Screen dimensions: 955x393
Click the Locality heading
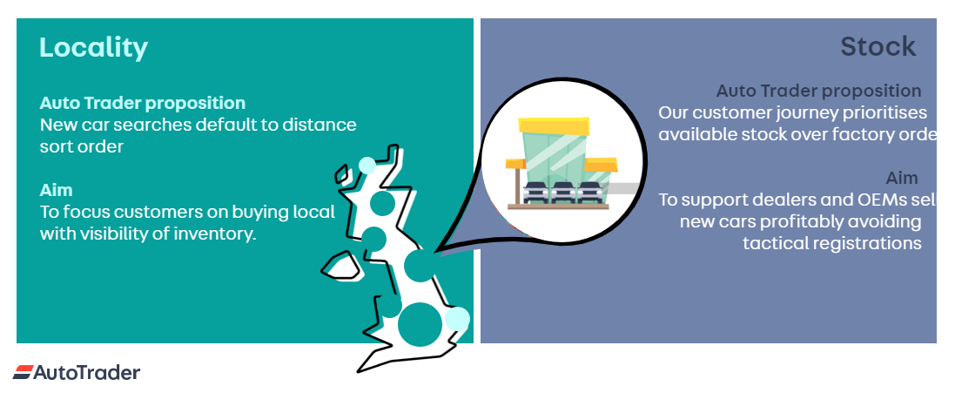pyautogui.click(x=93, y=47)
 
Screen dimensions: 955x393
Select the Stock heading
pyautogui.click(x=878, y=46)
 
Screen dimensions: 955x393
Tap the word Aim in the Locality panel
pyautogui.click(x=56, y=189)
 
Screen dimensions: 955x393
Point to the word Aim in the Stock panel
pyautogui.click(x=902, y=178)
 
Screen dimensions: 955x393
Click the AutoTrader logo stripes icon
pyautogui.click(x=23, y=373)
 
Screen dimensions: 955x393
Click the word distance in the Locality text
pyautogui.click(x=314, y=125)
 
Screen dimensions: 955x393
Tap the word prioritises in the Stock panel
pyautogui.click(x=880, y=112)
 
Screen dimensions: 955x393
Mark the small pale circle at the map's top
pyautogui.click(x=367, y=166)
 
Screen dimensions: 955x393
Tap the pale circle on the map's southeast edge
pyautogui.click(x=458, y=319)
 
